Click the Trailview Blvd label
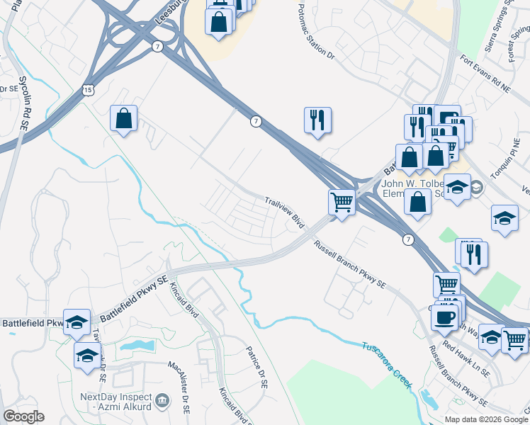click(x=285, y=212)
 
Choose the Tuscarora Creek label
click(x=386, y=365)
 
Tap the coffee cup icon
click(x=444, y=318)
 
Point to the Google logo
click(x=23, y=416)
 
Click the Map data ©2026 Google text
click(x=485, y=419)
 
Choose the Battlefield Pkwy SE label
click(x=135, y=297)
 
